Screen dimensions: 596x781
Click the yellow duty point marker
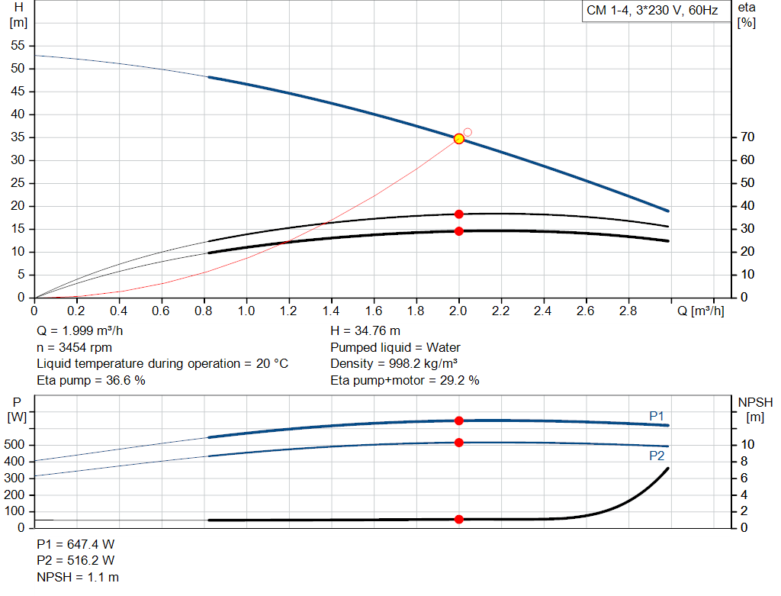[458, 139]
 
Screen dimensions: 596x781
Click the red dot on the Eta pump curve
[459, 214]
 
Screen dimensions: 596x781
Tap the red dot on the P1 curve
[459, 420]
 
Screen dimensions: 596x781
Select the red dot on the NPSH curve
[459, 520]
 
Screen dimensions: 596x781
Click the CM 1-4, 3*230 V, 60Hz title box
[651, 11]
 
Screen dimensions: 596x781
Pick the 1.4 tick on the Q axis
[331, 311]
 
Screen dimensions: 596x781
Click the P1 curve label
[657, 415]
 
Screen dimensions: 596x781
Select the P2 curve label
[657, 456]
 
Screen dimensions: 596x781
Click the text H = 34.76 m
[365, 331]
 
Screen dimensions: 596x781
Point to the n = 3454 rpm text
[74, 347]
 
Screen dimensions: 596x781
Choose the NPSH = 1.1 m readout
[78, 577]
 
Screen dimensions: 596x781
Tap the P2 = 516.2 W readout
[76, 561]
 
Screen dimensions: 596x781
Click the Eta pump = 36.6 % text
[91, 380]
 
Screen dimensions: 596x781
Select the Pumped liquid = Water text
[395, 347]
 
